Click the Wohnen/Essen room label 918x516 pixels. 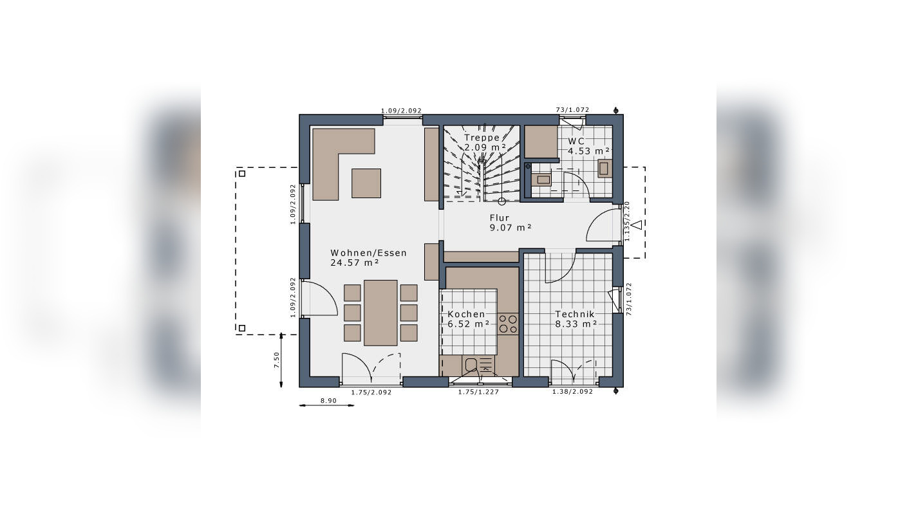[x=368, y=253]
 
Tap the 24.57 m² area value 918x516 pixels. [x=354, y=263]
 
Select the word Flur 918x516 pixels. [x=499, y=218]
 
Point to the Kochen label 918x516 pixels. [x=467, y=314]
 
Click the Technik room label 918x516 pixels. [x=575, y=314]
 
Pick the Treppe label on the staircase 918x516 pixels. [x=482, y=138]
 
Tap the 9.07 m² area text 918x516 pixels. [x=511, y=227]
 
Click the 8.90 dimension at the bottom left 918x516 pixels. [x=328, y=401]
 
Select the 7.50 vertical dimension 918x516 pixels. [x=277, y=360]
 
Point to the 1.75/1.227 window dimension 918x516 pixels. [x=478, y=392]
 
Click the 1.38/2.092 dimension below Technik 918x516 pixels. [x=572, y=392]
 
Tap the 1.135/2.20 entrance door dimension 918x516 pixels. [x=627, y=221]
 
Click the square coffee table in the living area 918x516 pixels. [x=366, y=183]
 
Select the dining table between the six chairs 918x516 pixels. [x=380, y=312]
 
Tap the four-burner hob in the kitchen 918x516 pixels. [x=507, y=324]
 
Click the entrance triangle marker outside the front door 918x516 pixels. [x=636, y=225]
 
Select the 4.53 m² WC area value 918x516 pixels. [x=588, y=151]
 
